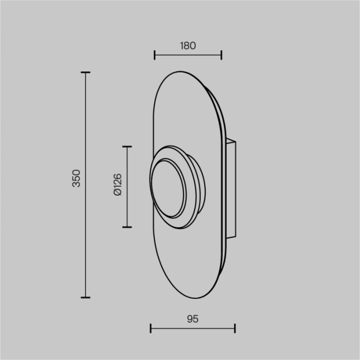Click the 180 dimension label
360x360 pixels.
tap(188, 45)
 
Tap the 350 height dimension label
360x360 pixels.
tap(76, 178)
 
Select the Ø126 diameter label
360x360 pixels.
tap(117, 185)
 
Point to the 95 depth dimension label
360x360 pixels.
tap(192, 319)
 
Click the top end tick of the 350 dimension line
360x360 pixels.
tap(85, 73)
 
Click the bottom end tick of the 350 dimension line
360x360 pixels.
tap(85, 297)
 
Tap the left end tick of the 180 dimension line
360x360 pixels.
tap(155, 55)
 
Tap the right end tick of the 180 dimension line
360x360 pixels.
tap(221, 55)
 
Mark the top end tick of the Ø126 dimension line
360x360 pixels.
tap(127, 147)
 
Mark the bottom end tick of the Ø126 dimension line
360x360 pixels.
tap(127, 227)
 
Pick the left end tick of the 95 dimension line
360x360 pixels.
tap(150, 328)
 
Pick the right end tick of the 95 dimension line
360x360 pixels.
tap(235, 328)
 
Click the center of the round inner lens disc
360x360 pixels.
tap(168, 187)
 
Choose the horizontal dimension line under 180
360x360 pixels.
tap(188, 55)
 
